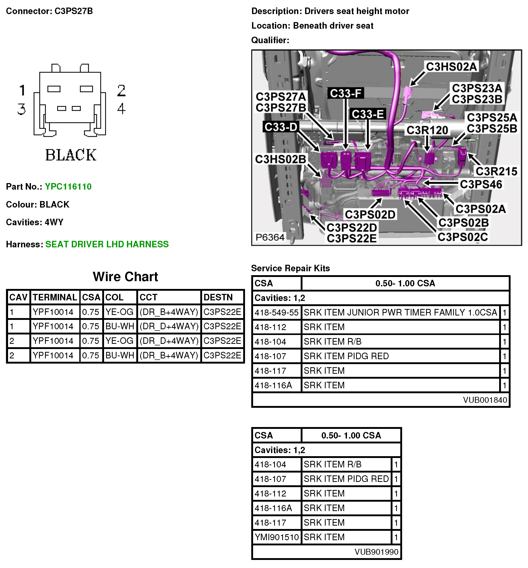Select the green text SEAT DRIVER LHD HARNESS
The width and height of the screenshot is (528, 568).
pos(107,244)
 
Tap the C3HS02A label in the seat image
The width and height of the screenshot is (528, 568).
pos(452,67)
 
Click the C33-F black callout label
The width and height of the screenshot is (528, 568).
pos(346,93)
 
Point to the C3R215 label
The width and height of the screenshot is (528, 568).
pos(496,171)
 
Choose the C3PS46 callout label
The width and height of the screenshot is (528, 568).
pos(481,184)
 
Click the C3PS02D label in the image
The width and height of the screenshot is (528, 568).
pos(370,214)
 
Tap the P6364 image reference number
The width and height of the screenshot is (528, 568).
pos(270,237)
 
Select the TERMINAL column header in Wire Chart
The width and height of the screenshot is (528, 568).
pos(55,297)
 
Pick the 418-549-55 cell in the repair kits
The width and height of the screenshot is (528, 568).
pos(276,312)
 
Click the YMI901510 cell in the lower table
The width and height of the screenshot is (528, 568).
pos(276,537)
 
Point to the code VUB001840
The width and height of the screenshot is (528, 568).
pos(485,400)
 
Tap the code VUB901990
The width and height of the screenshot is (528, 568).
pos(376,552)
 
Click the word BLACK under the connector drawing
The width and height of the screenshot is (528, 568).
pos(71,155)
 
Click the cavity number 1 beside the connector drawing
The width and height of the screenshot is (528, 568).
pos(22,90)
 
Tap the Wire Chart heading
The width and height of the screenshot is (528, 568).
pos(125,276)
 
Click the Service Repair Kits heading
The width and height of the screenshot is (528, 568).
pos(290,268)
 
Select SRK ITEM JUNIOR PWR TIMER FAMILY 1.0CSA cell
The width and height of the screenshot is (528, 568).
pos(400,312)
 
